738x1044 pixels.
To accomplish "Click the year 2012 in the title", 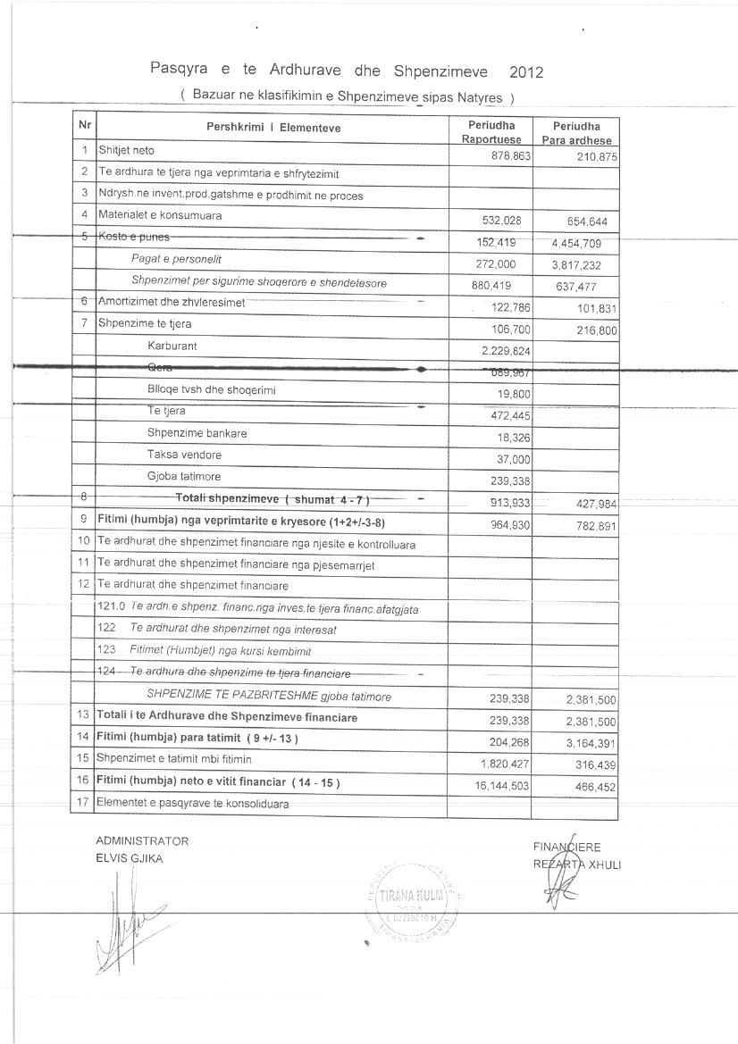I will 525,71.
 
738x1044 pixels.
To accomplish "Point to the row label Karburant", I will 172,346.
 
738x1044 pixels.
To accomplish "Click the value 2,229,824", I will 506,350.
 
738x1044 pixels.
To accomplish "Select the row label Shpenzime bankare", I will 197,433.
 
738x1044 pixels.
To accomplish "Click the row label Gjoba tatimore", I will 184,476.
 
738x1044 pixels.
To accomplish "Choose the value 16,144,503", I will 499,784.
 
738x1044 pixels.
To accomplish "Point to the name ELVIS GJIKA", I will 130,858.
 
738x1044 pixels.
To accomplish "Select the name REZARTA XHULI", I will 577,864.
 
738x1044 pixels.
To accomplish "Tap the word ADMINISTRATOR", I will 142,841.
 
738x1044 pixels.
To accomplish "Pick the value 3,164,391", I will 588,742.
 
